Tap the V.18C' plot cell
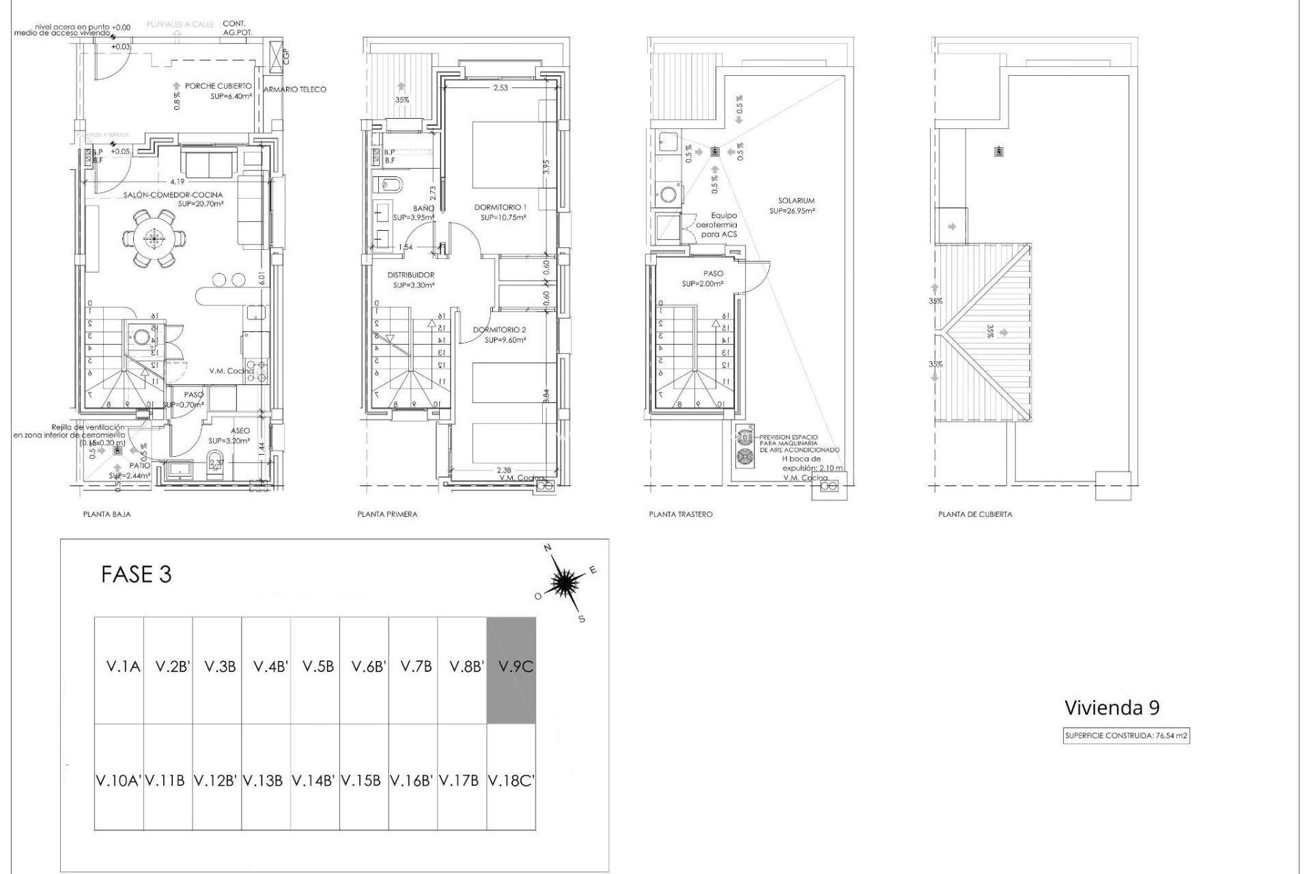point(511,780)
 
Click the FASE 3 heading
point(136,574)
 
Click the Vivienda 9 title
point(1112,707)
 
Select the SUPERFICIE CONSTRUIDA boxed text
point(1126,736)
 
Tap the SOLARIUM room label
point(796,201)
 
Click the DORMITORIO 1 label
point(501,207)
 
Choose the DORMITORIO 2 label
point(500,330)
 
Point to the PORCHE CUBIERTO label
point(218,86)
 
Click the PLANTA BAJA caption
point(107,514)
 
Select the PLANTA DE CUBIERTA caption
point(975,514)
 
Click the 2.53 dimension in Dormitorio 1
point(501,87)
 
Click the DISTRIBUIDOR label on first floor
point(411,275)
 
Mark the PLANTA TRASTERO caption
point(680,514)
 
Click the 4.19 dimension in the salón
point(178,182)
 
